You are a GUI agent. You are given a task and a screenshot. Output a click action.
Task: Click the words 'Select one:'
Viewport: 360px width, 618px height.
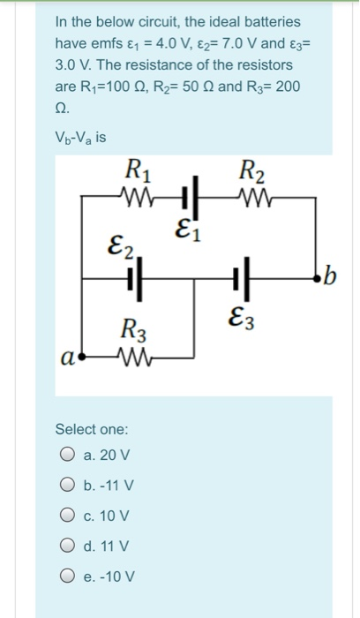91,429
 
